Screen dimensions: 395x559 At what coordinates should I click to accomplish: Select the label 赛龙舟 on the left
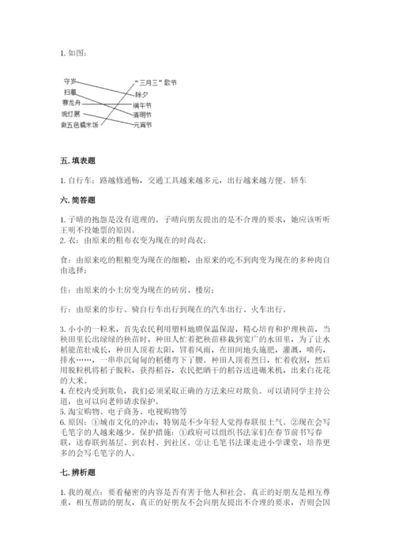pos(71,102)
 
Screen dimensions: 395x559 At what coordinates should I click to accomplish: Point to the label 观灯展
pos(71,113)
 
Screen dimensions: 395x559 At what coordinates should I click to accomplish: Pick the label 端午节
pos(143,103)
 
